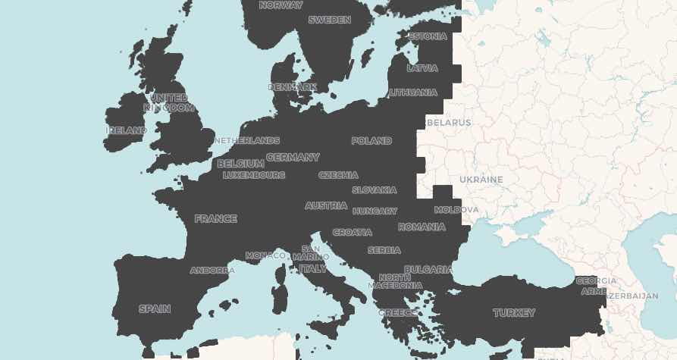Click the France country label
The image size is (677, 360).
[215, 219]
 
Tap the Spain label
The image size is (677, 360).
[155, 309]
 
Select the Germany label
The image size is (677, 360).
[293, 158]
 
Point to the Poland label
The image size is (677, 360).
[371, 141]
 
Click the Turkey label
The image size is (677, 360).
[514, 313]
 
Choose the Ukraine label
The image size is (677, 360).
[481, 180]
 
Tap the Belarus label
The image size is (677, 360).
[449, 123]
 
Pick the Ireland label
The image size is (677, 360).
[127, 130]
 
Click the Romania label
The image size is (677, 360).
[422, 227]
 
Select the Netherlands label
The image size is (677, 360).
[247, 141]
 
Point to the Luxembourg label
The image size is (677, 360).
[254, 175]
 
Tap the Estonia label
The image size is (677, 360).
[428, 36]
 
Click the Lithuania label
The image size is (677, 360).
[413, 92]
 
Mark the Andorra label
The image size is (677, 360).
[212, 271]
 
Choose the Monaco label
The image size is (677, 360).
[265, 256]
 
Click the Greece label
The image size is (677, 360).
[397, 313]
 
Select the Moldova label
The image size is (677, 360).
[456, 209]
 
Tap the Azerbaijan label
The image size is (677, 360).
[631, 296]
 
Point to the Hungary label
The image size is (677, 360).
[375, 211]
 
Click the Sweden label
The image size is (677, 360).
[329, 20]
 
